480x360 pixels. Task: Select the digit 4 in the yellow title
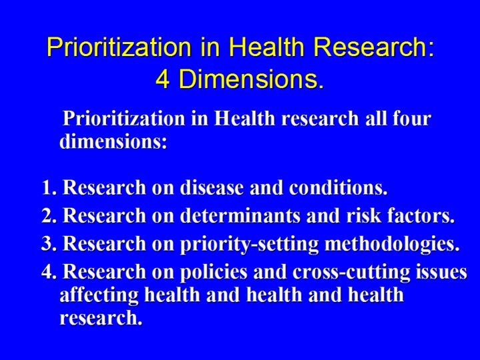coord(163,79)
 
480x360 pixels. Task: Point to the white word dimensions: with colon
coord(113,142)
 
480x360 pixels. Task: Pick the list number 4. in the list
coord(49,273)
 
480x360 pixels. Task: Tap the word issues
coord(441,273)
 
